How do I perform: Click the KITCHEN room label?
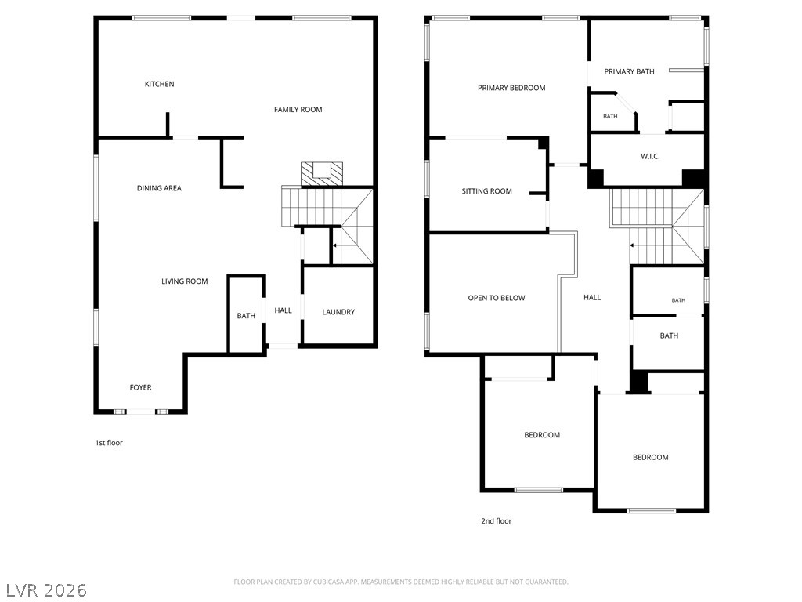pyautogui.click(x=159, y=84)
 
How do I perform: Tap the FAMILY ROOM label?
pyautogui.click(x=298, y=110)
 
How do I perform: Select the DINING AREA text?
pyautogui.click(x=159, y=188)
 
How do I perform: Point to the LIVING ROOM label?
pyautogui.click(x=185, y=281)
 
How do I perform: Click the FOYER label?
pyautogui.click(x=141, y=387)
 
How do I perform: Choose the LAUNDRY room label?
pyautogui.click(x=338, y=312)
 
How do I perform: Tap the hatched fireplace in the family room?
pyautogui.click(x=322, y=173)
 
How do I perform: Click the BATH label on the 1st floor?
pyautogui.click(x=246, y=316)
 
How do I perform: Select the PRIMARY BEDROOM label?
pyautogui.click(x=511, y=88)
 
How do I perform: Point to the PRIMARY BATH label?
pyautogui.click(x=629, y=71)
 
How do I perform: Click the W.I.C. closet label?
pyautogui.click(x=650, y=157)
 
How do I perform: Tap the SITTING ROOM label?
pyautogui.click(x=487, y=191)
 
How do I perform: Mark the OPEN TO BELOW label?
pyautogui.click(x=497, y=298)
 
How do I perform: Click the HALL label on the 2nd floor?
pyautogui.click(x=592, y=297)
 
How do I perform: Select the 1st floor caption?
pyautogui.click(x=109, y=443)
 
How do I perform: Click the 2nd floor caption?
pyautogui.click(x=496, y=521)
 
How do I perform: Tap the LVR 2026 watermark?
pyautogui.click(x=46, y=590)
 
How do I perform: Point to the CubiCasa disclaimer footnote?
pyautogui.click(x=401, y=582)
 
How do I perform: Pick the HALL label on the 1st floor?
pyautogui.click(x=284, y=310)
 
